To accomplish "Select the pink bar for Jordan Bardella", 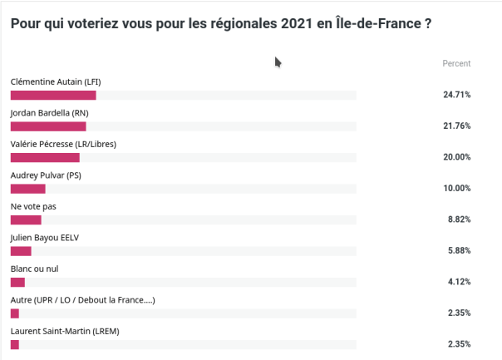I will (48, 126).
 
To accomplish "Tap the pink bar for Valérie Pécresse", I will (45, 157).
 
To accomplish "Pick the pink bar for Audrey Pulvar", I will (27, 189).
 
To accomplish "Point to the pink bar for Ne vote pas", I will (26, 219).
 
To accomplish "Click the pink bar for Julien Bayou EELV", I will (21, 251).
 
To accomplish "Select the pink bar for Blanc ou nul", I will (17, 282).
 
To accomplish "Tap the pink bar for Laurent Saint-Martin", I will (14, 344).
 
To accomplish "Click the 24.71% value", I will (457, 95).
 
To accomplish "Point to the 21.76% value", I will (457, 126).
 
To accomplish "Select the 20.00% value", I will (457, 157).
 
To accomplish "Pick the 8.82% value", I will (459, 219).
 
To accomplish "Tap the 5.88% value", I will (459, 251).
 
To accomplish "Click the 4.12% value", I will (459, 282).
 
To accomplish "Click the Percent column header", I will (456, 63).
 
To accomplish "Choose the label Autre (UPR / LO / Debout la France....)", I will (82, 300).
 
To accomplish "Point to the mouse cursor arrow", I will (278, 62).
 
